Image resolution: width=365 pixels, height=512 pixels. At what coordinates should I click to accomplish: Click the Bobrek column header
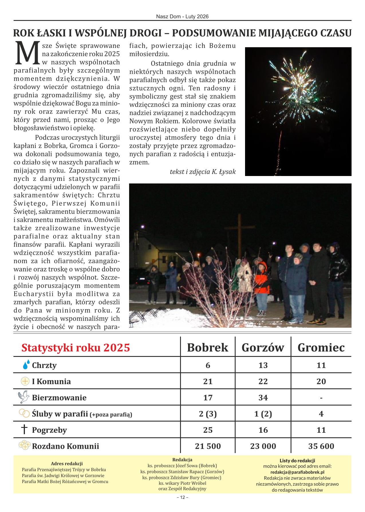208,347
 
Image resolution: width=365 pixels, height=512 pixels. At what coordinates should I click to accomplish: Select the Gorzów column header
263,347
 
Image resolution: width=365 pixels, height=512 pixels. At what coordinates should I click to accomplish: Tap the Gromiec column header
321,347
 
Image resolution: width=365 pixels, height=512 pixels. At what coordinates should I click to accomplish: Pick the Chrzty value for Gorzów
263,365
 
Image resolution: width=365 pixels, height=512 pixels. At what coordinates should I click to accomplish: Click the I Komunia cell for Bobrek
208,381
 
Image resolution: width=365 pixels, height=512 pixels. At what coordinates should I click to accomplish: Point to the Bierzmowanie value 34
263,398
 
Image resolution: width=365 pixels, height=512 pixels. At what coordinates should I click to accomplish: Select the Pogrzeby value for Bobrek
208,430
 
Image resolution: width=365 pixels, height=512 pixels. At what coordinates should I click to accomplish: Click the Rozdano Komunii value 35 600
321,446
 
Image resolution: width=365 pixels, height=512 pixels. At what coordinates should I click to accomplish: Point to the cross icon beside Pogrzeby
25,429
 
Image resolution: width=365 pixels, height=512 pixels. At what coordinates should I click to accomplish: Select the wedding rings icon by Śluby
24,413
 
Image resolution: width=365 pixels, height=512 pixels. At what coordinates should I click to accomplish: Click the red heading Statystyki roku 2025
76,347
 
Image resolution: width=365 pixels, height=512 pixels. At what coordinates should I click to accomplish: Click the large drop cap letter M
27,53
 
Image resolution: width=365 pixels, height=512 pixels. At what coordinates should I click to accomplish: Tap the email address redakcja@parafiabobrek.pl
297,472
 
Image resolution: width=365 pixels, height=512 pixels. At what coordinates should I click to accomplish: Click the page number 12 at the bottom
182,505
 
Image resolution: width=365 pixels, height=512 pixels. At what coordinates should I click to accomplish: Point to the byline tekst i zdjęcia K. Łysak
203,172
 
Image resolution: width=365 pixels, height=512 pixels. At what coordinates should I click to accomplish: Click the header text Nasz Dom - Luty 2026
182,17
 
